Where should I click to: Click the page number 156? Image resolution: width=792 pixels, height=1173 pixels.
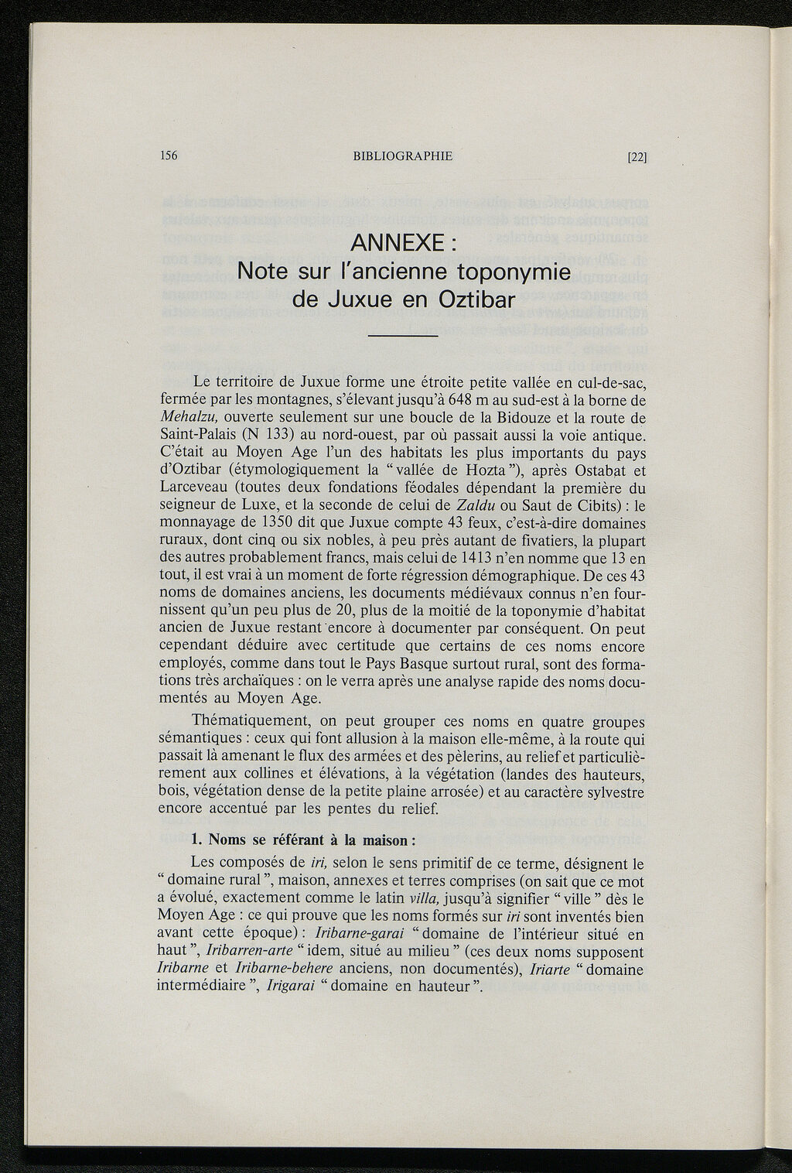tap(169, 156)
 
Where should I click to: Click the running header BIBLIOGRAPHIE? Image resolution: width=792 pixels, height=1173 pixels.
tap(402, 156)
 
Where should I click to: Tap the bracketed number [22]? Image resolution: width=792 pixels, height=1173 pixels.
tap(637, 156)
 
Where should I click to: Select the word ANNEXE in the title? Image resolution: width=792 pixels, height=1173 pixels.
tap(397, 244)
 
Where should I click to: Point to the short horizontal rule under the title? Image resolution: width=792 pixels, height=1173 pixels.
tap(403, 336)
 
